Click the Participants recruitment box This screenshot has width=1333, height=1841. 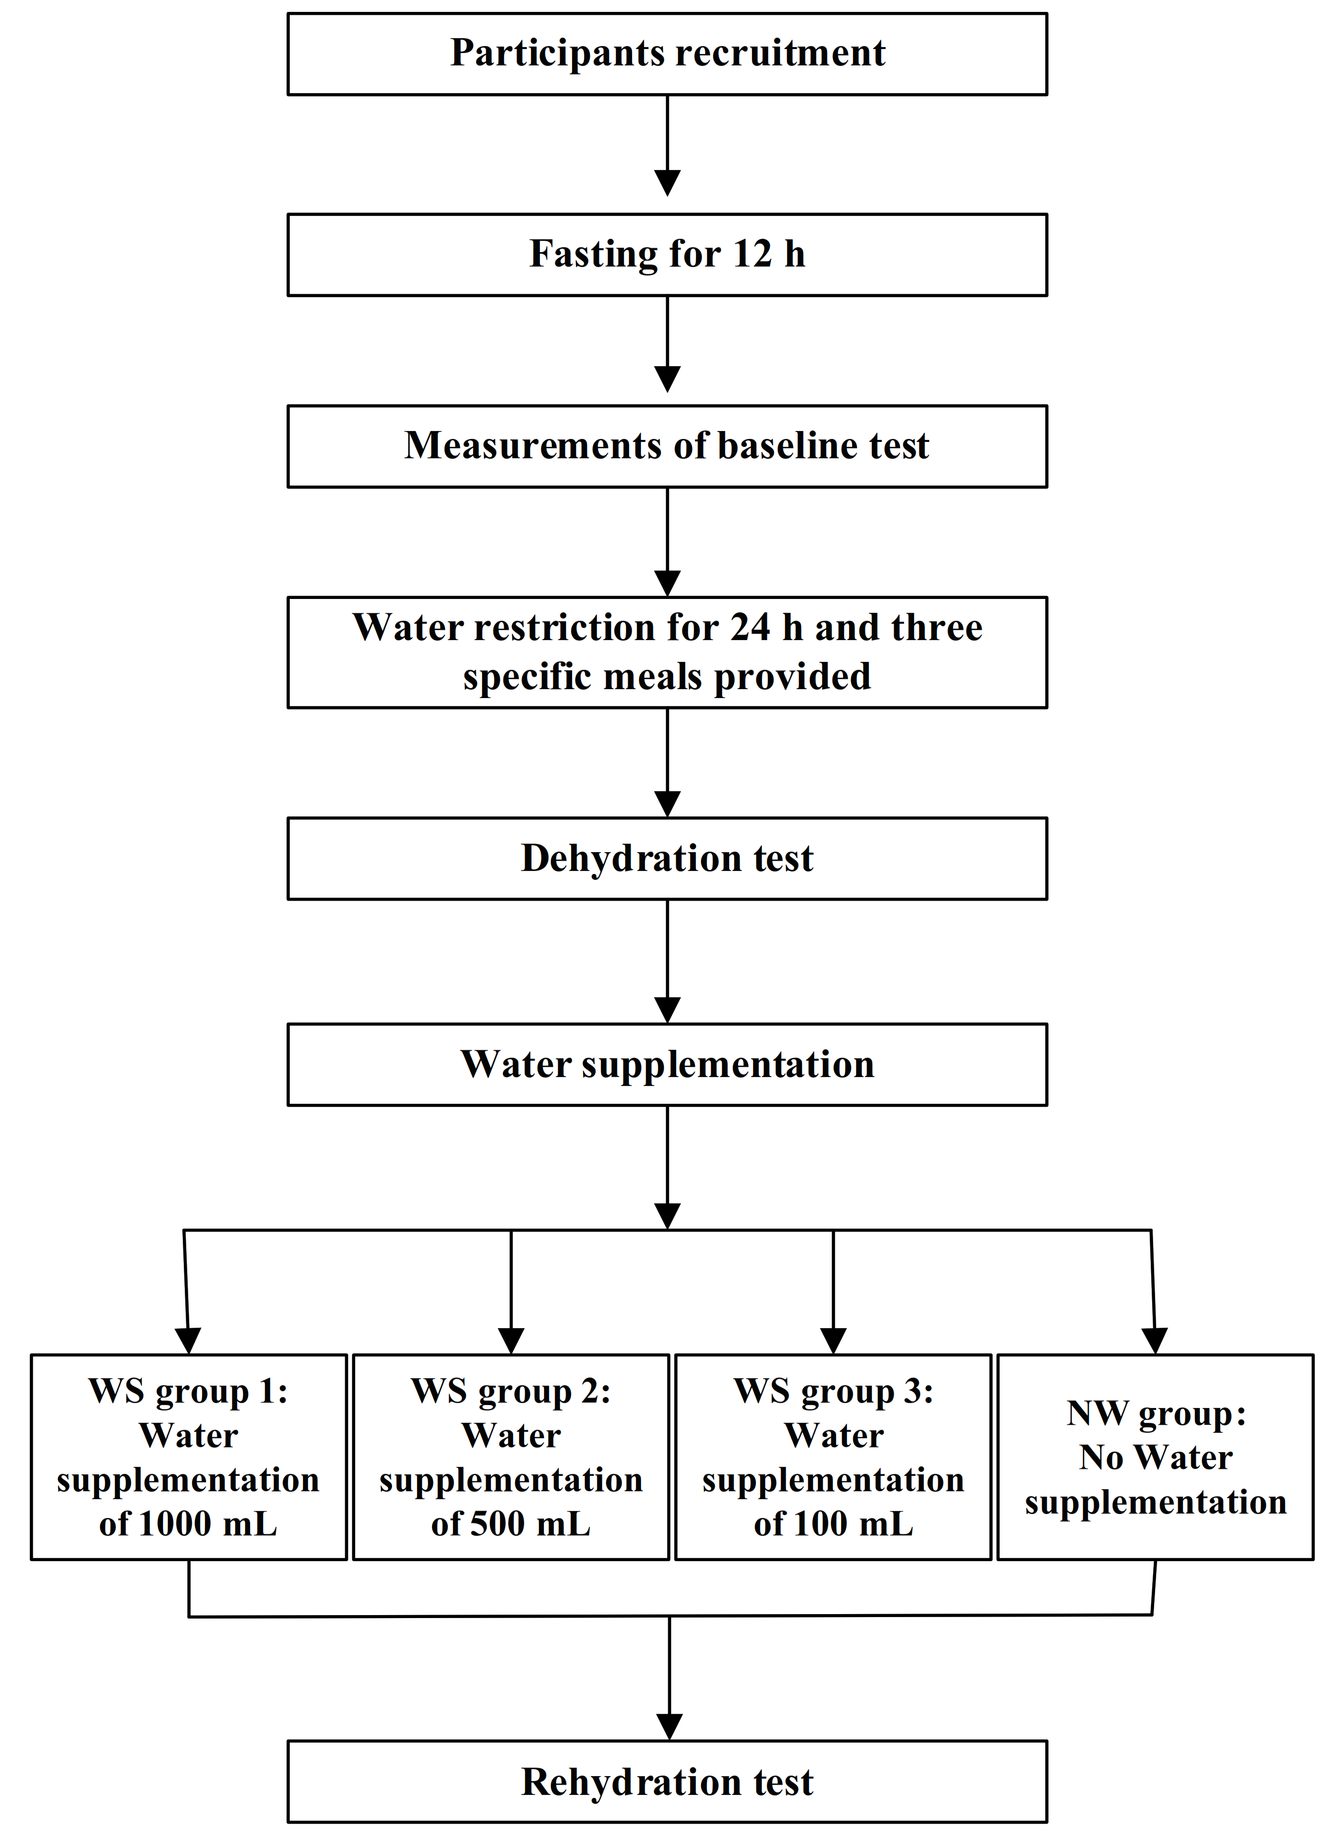tap(667, 54)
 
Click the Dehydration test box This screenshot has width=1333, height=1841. tap(667, 858)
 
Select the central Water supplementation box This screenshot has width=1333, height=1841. tap(667, 1064)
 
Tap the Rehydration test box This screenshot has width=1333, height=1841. tap(667, 1781)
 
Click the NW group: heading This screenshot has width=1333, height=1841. tap(1155, 1413)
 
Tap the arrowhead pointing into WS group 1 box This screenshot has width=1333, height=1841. tap(188, 1340)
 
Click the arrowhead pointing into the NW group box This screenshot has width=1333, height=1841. tap(1154, 1340)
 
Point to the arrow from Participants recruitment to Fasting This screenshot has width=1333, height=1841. tap(667, 146)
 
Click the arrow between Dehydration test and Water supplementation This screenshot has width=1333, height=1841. tap(667, 962)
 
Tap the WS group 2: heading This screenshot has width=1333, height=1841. tap(511, 1391)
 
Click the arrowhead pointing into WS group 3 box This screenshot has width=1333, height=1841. tap(834, 1340)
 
